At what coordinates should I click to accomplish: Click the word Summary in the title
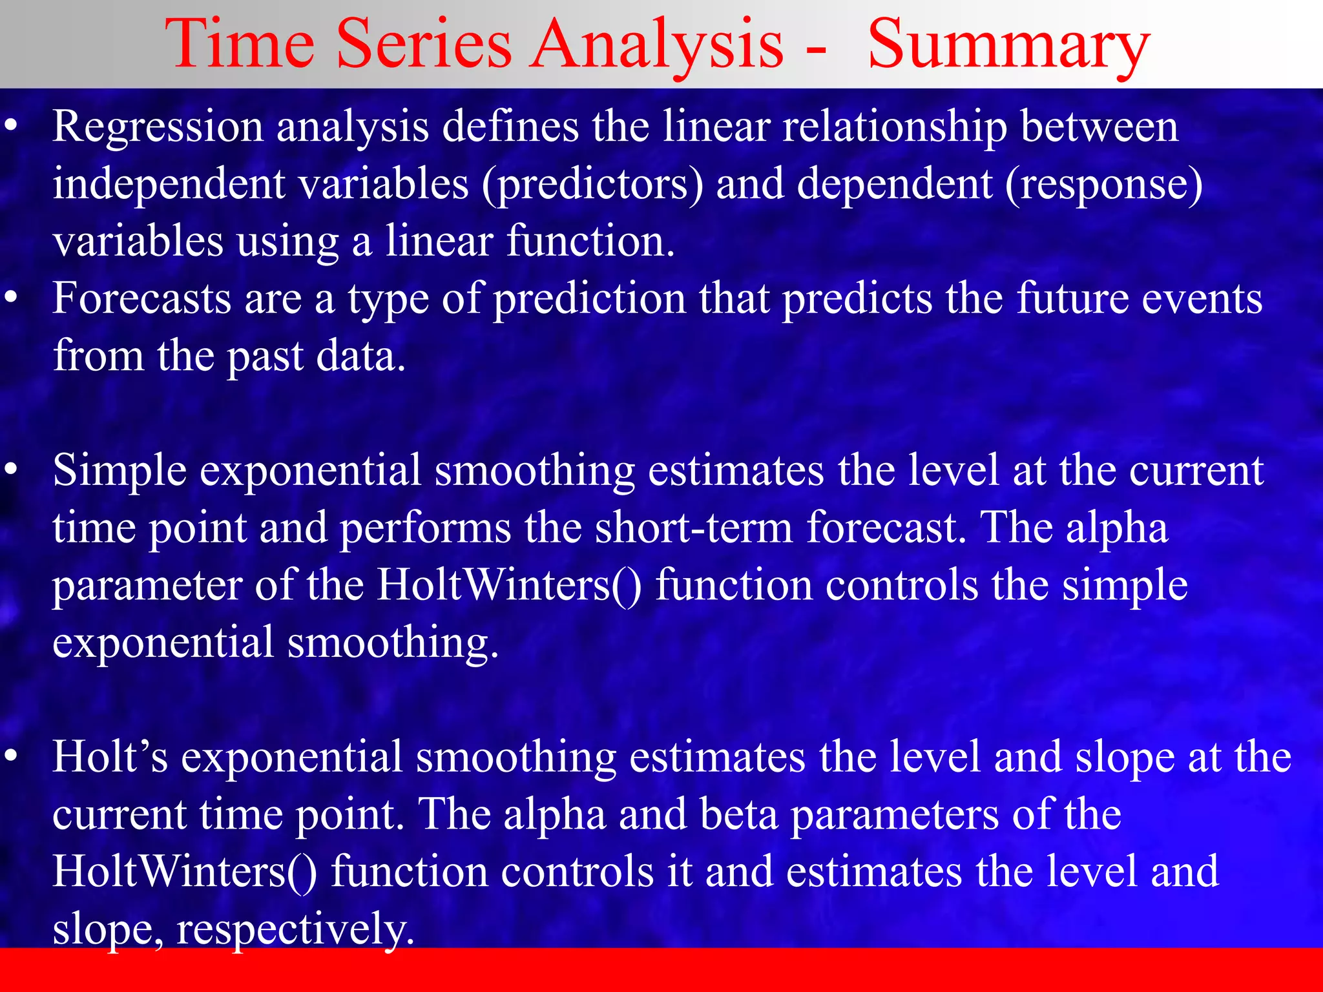pos(1008,45)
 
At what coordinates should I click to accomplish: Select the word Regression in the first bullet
pos(158,127)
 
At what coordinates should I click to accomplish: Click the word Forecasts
pos(141,299)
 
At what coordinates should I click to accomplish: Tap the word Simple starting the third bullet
pos(120,471)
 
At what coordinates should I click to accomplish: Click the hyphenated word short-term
pos(693,528)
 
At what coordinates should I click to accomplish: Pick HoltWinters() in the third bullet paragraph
pos(509,585)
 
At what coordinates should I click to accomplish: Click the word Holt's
pos(110,757)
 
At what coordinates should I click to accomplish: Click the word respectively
pos(295,930)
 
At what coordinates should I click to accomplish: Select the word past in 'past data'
pos(265,357)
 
